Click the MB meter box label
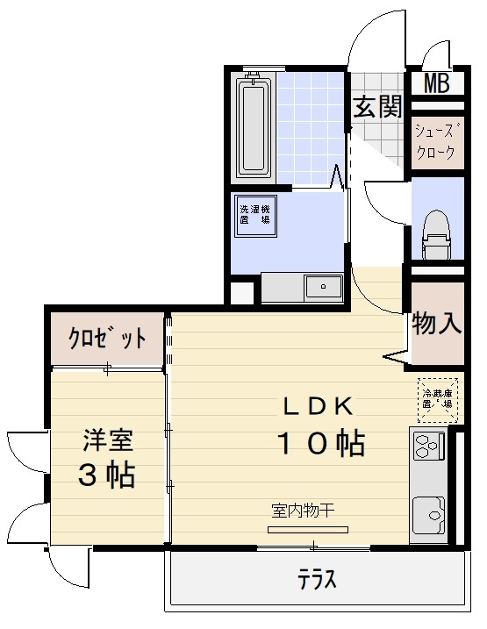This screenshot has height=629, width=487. [436, 83]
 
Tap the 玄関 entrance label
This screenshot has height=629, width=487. [378, 107]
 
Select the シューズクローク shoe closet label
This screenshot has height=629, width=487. [435, 142]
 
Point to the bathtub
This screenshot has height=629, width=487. [254, 129]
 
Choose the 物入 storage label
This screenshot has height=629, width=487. [436, 324]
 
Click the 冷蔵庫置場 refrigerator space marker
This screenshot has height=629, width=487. [437, 400]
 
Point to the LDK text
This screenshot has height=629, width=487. [317, 405]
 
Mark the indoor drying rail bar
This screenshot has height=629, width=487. [308, 528]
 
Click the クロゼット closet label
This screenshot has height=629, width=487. [108, 340]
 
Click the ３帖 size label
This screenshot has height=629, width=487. [106, 475]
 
